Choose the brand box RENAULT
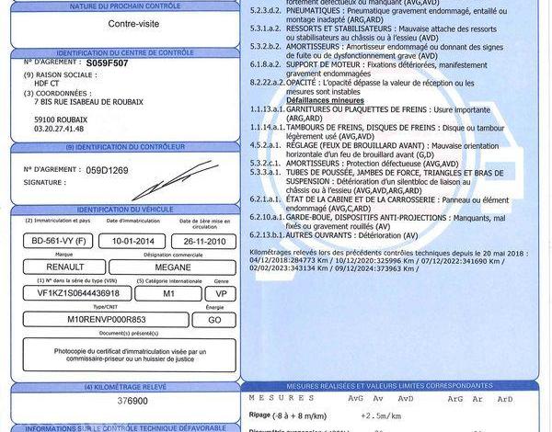64,267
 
